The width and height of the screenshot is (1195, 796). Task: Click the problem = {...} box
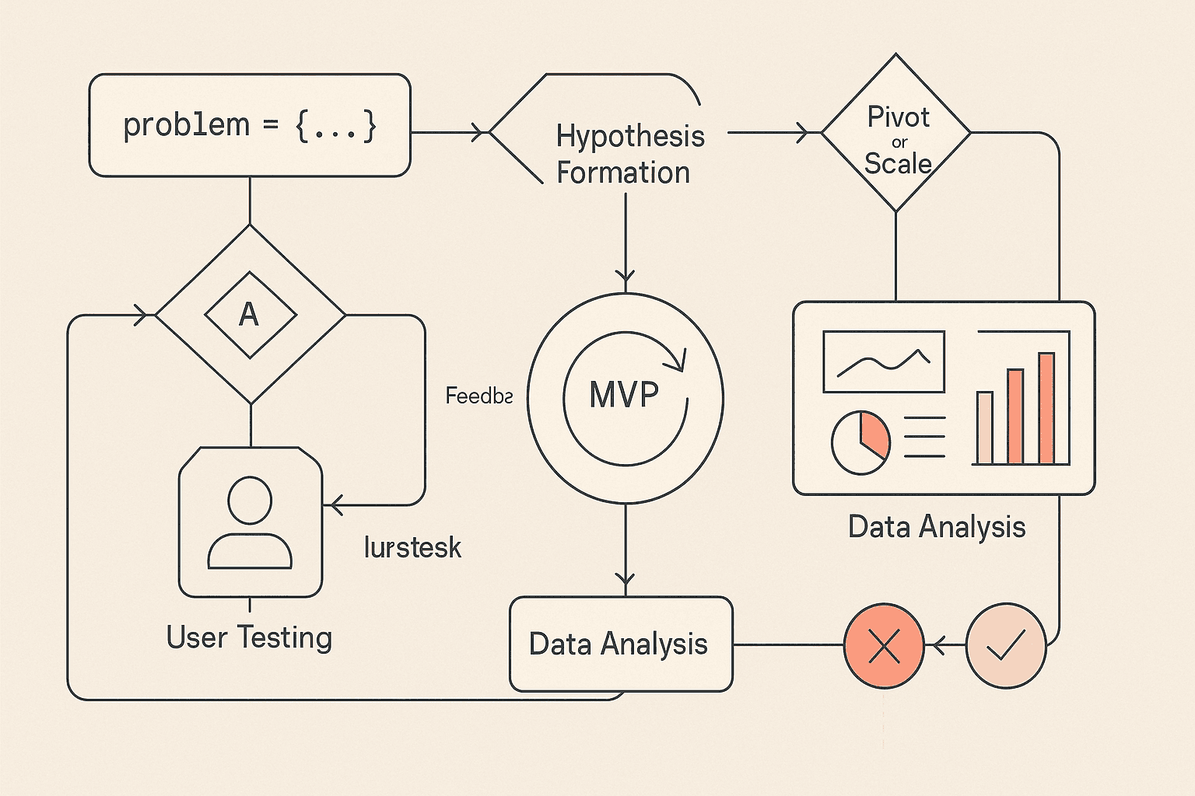(x=249, y=125)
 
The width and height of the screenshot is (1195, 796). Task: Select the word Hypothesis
(x=630, y=136)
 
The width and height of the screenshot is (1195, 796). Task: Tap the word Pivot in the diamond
(x=898, y=117)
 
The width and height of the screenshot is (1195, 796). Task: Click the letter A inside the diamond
(x=249, y=315)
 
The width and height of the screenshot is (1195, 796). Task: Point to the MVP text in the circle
(x=624, y=395)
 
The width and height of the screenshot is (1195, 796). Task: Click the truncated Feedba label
(x=478, y=396)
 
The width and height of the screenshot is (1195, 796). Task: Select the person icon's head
(x=250, y=500)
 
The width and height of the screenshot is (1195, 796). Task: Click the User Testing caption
(x=249, y=637)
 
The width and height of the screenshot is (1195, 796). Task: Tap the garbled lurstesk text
(x=412, y=547)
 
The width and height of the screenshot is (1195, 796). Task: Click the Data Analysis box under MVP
(x=620, y=644)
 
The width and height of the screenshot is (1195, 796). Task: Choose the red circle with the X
(x=884, y=645)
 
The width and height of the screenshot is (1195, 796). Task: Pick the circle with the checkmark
(x=1005, y=645)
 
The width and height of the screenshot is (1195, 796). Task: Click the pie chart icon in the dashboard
(x=860, y=442)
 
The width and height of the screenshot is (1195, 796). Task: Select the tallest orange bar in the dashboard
(x=1046, y=408)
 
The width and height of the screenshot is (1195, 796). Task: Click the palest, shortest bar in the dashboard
(x=985, y=428)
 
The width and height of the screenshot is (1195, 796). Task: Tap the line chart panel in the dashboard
(x=884, y=361)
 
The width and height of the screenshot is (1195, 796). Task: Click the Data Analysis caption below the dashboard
(x=937, y=527)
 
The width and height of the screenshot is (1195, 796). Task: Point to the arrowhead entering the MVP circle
(x=626, y=276)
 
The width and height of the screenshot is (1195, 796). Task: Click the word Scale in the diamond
(x=898, y=164)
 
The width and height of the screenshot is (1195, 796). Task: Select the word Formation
(x=623, y=173)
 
